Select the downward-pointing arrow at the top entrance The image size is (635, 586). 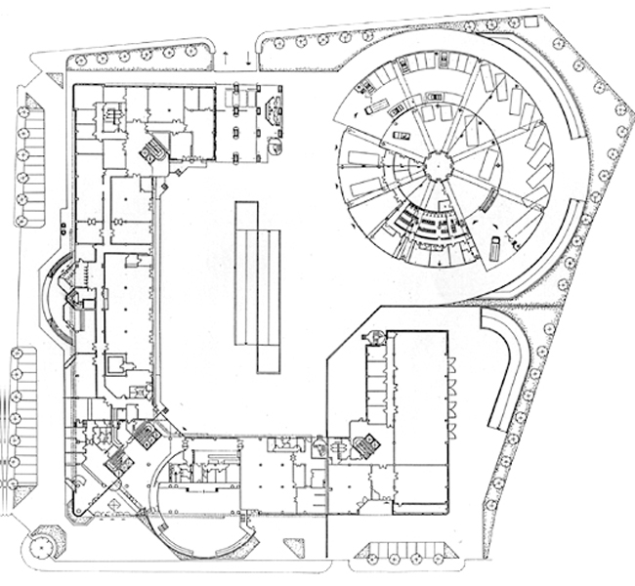click(249, 59)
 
